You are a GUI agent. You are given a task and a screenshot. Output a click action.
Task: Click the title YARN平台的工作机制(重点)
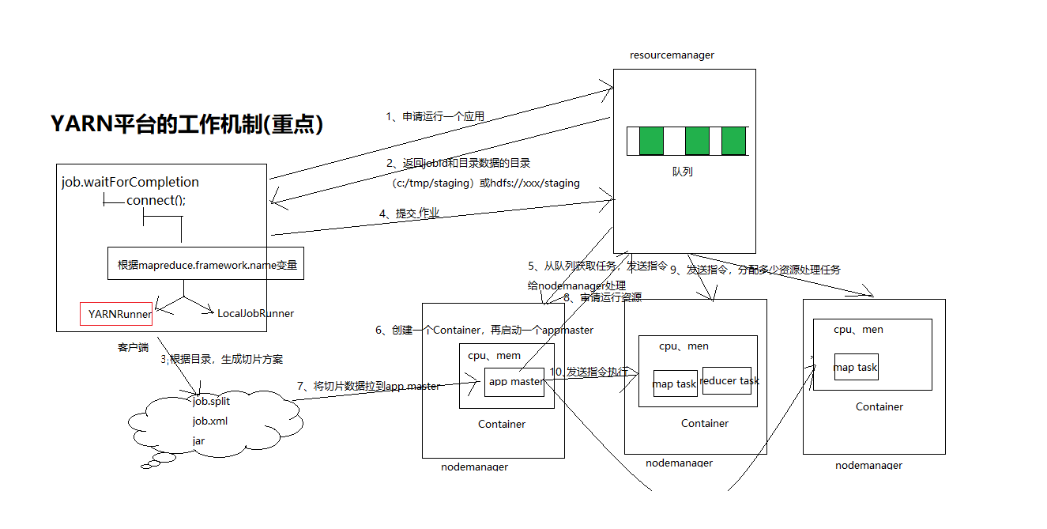[x=187, y=124]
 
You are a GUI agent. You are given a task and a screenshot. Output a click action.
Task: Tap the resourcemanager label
[x=672, y=55]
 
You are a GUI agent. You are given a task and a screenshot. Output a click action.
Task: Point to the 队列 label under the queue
[x=682, y=172]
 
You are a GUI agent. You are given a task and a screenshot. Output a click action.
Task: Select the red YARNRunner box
[x=116, y=314]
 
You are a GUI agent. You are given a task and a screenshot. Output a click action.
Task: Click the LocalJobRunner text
[x=255, y=314]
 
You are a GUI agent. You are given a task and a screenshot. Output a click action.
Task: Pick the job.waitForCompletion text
[x=130, y=183]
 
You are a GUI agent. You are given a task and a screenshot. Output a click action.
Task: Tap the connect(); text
[x=156, y=201]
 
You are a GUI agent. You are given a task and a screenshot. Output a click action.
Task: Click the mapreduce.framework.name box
[x=206, y=265]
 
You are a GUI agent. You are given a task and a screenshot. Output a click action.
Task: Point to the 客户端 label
[x=133, y=347]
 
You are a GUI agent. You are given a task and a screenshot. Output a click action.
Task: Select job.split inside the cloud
[x=211, y=402]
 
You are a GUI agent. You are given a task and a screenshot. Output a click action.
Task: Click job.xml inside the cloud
[x=209, y=421]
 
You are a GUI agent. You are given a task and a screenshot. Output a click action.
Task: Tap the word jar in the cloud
[x=198, y=440]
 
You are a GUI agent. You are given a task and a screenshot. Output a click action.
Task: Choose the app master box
[x=515, y=382]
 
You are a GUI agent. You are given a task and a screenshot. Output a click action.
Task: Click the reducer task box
[x=729, y=381]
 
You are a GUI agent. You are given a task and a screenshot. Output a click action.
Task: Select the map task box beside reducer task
[x=675, y=384]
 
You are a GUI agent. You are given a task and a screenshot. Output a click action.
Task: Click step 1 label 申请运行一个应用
[x=435, y=116]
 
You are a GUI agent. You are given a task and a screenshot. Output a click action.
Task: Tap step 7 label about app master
[x=368, y=387]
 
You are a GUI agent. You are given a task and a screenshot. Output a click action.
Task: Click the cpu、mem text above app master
[x=494, y=356]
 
